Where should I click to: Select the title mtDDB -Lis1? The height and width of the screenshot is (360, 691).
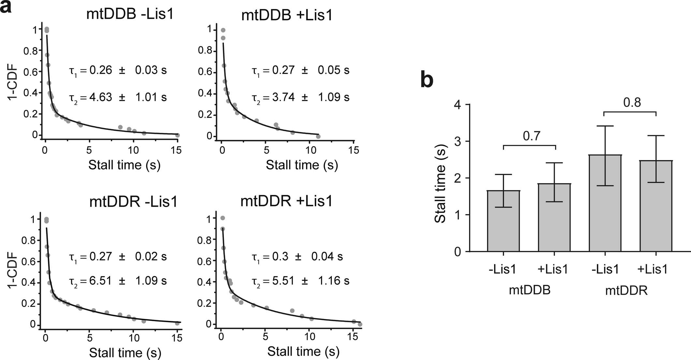(130, 15)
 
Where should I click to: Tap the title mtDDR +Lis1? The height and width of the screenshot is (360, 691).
(286, 201)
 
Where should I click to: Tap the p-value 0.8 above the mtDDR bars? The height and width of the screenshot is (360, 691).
(632, 103)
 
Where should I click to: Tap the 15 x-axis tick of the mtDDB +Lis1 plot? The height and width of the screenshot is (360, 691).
(353, 150)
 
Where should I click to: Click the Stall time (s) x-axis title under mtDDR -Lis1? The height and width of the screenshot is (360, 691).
(125, 353)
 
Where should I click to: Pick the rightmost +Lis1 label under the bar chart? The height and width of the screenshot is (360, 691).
(653, 269)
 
